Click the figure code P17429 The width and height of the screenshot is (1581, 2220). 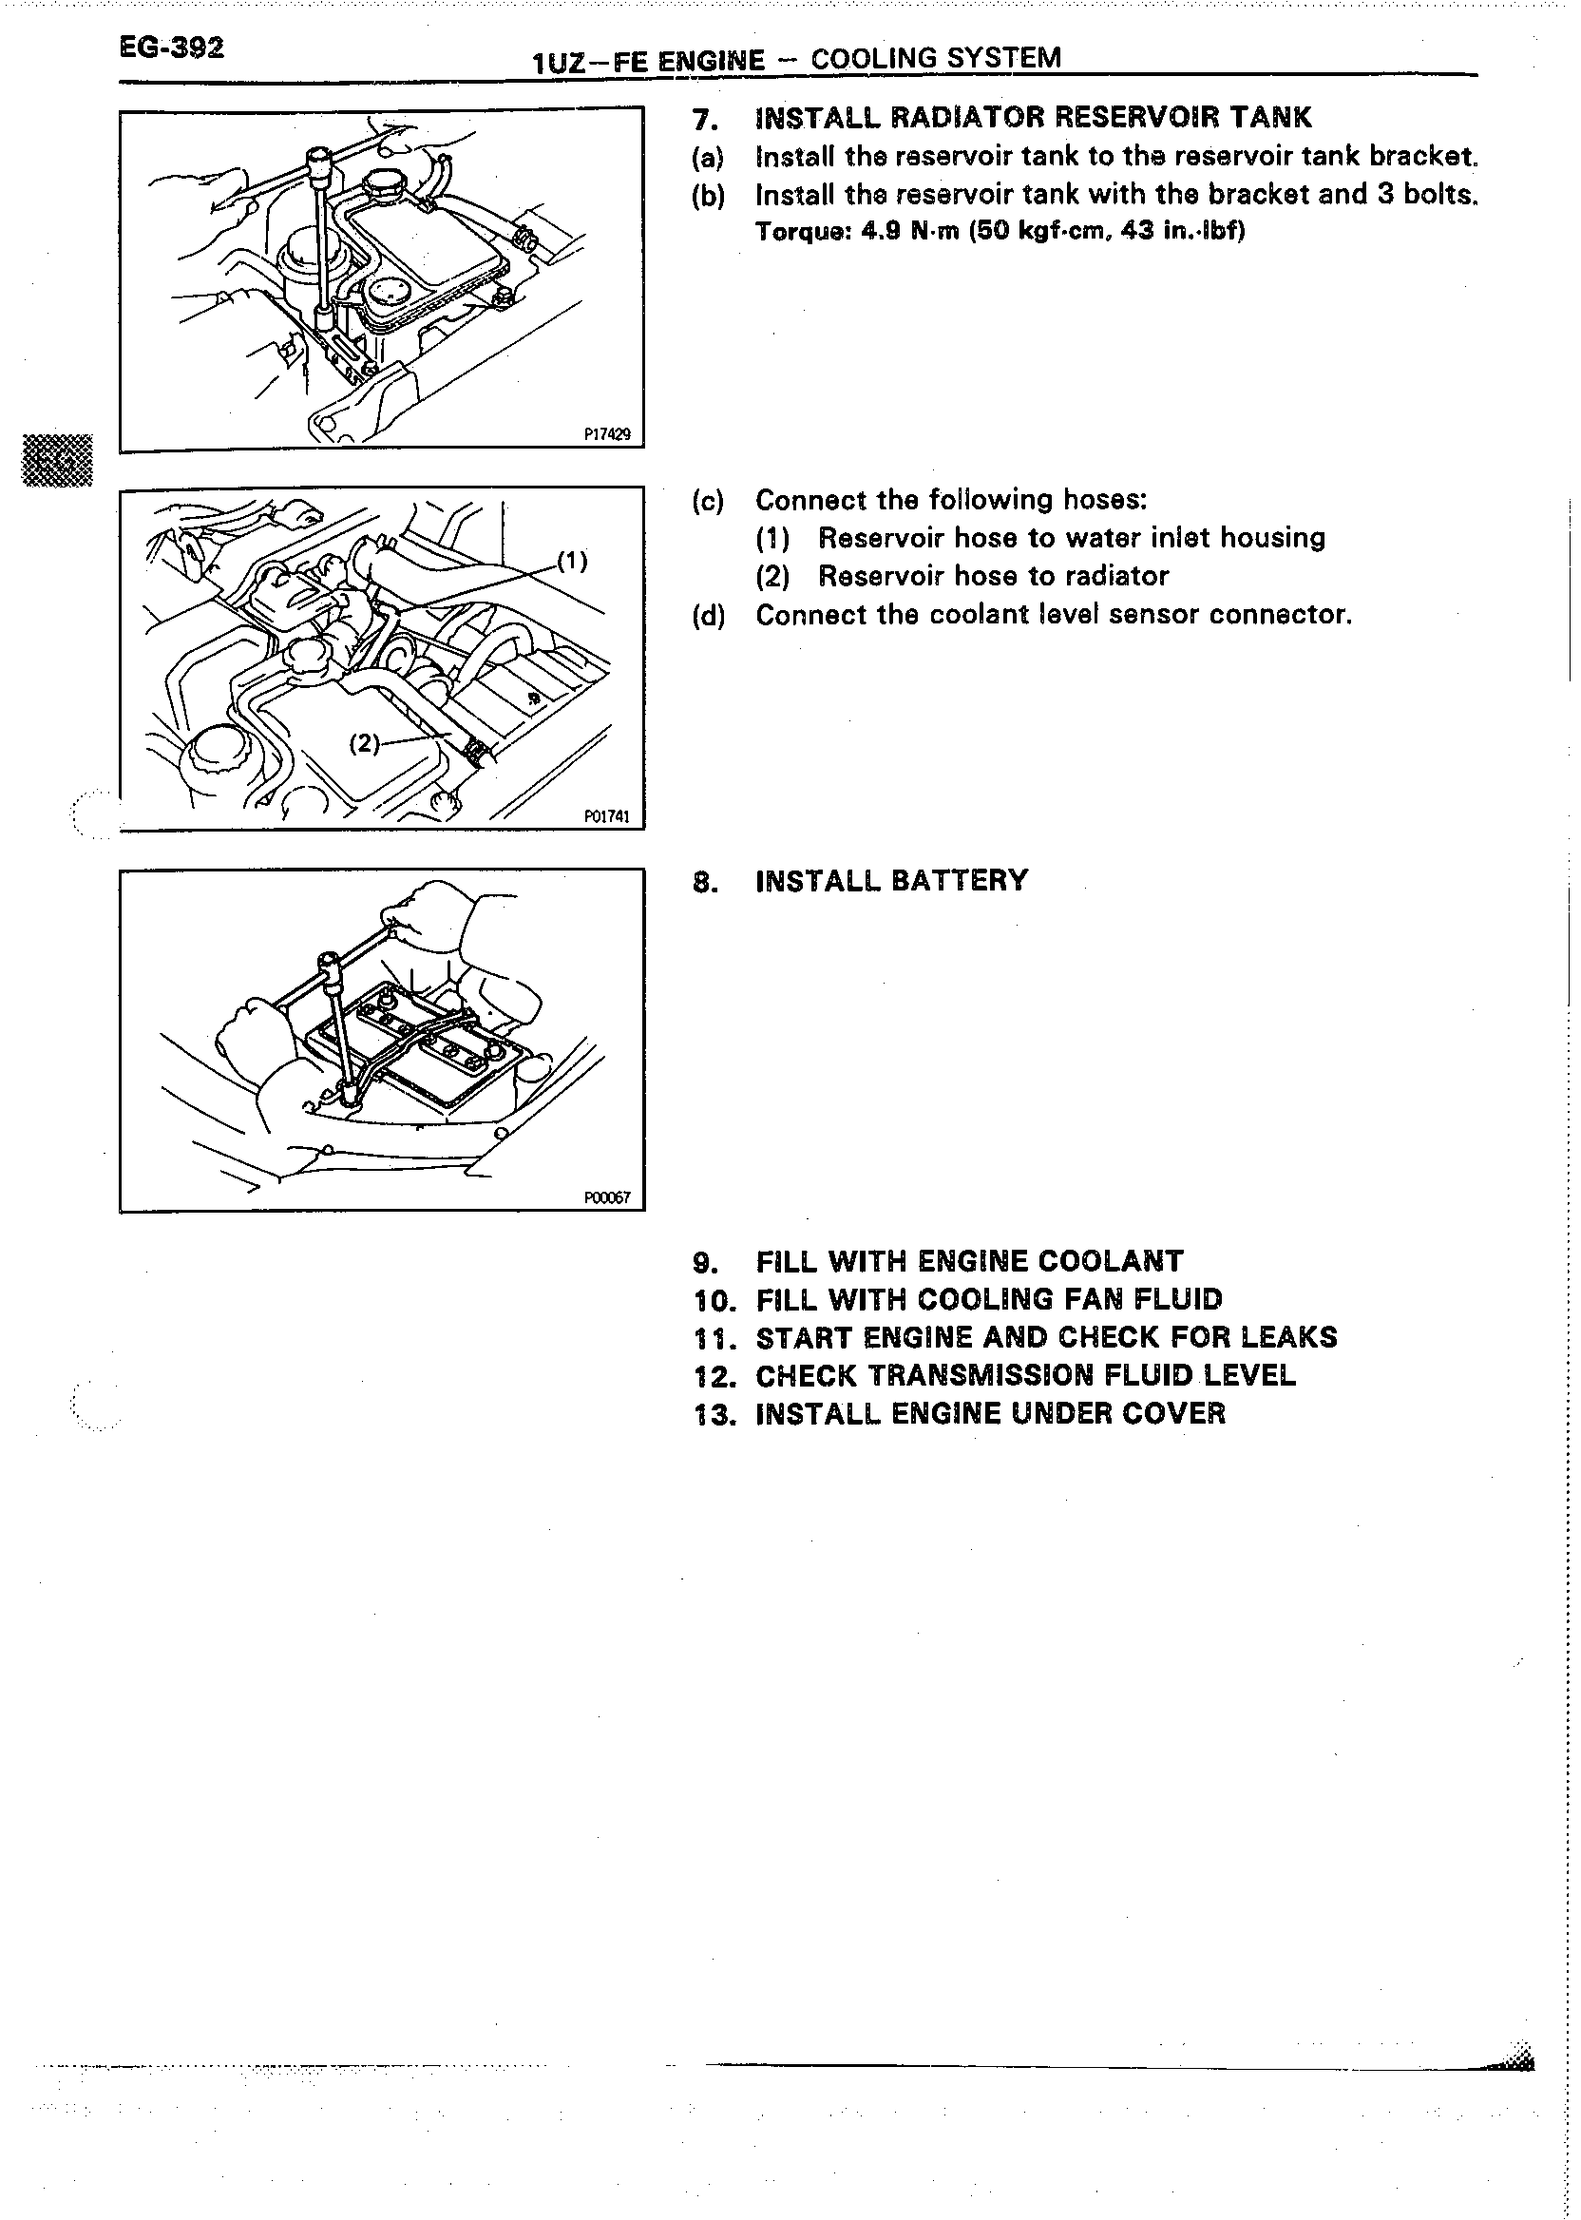click(x=606, y=434)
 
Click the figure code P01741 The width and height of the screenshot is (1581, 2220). click(x=606, y=816)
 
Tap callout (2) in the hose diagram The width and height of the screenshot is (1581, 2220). click(x=364, y=743)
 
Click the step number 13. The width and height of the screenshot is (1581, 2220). click(x=711, y=1414)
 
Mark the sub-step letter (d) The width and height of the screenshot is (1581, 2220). click(x=708, y=616)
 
